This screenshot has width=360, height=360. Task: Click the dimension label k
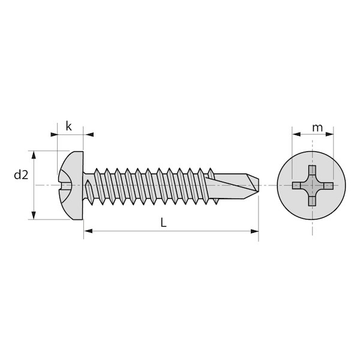click(68, 126)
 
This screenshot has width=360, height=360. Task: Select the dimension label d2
click(21, 175)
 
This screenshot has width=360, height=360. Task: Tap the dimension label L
click(163, 223)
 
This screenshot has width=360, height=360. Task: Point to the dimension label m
click(317, 128)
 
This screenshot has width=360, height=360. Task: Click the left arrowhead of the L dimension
click(88, 231)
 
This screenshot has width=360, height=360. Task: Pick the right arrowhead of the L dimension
click(254, 231)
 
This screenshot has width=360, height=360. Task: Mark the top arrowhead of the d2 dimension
click(34, 155)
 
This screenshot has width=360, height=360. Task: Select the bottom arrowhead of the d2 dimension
click(34, 215)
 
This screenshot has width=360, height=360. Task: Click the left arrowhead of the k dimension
click(54, 134)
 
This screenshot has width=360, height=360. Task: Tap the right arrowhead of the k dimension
click(89, 134)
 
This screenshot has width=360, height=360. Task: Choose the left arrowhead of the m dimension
click(296, 134)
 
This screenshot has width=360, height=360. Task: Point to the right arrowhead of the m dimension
click(329, 134)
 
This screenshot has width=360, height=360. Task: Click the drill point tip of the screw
click(259, 185)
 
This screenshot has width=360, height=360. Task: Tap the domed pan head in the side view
click(71, 185)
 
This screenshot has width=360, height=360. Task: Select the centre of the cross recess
click(312, 185)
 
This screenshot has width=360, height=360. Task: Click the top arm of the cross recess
click(312, 170)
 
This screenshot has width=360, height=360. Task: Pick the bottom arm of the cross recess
click(312, 201)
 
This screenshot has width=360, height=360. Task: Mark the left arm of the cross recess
click(297, 185)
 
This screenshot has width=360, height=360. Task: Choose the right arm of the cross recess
click(328, 186)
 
